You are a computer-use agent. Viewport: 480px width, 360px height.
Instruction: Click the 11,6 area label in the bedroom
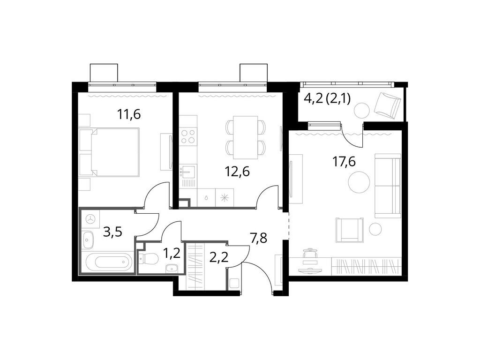point(129,114)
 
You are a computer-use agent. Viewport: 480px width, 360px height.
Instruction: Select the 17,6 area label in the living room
point(344,162)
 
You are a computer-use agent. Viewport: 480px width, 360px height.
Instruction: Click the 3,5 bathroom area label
point(112,232)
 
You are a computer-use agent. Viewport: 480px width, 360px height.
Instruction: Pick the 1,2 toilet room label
point(171,254)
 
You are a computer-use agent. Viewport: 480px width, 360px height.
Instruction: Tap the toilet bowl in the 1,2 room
point(150,258)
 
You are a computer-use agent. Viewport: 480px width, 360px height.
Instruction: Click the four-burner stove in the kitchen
point(188,136)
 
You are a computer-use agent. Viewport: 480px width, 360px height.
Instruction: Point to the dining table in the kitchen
point(246,137)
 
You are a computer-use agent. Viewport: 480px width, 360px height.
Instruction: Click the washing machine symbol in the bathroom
point(90,219)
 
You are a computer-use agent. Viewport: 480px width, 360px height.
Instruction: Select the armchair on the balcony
point(388,105)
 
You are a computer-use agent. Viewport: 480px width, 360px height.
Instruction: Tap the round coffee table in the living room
point(360,182)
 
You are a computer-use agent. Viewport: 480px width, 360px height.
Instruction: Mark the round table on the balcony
point(361,111)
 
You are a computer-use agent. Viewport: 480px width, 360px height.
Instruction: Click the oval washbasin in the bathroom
point(88,241)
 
